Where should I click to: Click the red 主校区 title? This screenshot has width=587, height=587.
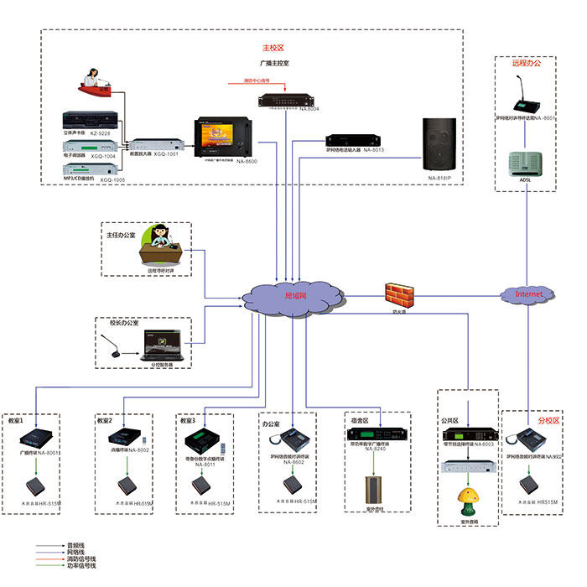275,48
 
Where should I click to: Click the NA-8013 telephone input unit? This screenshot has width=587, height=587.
353,140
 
